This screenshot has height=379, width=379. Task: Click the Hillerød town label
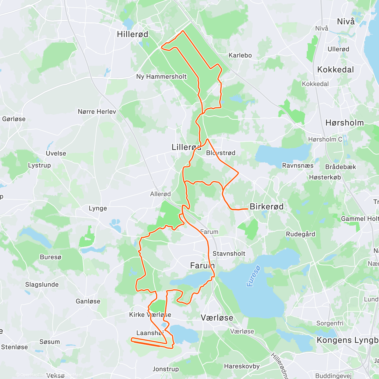point(132,34)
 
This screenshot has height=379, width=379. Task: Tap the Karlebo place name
point(240,55)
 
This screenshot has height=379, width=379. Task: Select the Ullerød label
point(338,49)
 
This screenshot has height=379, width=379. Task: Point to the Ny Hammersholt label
point(161,76)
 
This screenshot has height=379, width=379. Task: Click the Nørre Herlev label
point(97,111)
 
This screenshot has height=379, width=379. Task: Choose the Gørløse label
point(14,119)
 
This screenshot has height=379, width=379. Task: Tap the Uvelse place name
point(56,153)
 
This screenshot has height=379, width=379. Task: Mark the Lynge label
point(98,208)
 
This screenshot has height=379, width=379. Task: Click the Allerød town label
point(160,194)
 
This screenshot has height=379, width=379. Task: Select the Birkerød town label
point(267,207)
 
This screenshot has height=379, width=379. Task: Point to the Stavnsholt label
point(229,253)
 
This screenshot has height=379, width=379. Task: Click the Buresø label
point(51,257)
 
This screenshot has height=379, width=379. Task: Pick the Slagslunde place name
point(42,285)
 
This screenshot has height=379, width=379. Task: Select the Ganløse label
point(88,301)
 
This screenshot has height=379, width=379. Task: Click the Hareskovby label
point(242,366)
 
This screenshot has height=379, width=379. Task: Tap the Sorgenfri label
point(330,323)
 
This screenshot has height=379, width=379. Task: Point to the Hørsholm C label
point(325,139)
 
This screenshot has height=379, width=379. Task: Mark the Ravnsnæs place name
point(298,165)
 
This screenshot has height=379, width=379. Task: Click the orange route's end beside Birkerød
point(247,209)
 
